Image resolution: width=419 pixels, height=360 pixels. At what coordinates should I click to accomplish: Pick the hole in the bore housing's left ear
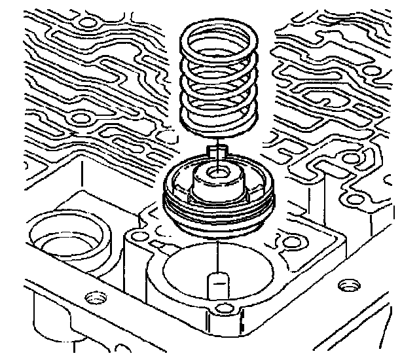(x=136, y=234)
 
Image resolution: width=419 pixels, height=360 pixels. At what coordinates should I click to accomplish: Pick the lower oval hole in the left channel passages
(x=81, y=118)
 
